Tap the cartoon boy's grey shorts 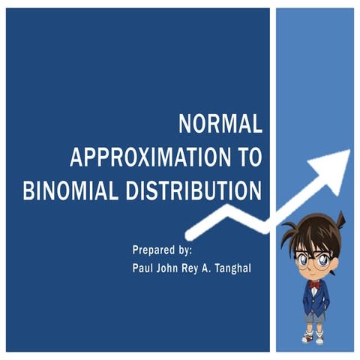click(x=315, y=316)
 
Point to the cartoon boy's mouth click(x=314, y=274)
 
